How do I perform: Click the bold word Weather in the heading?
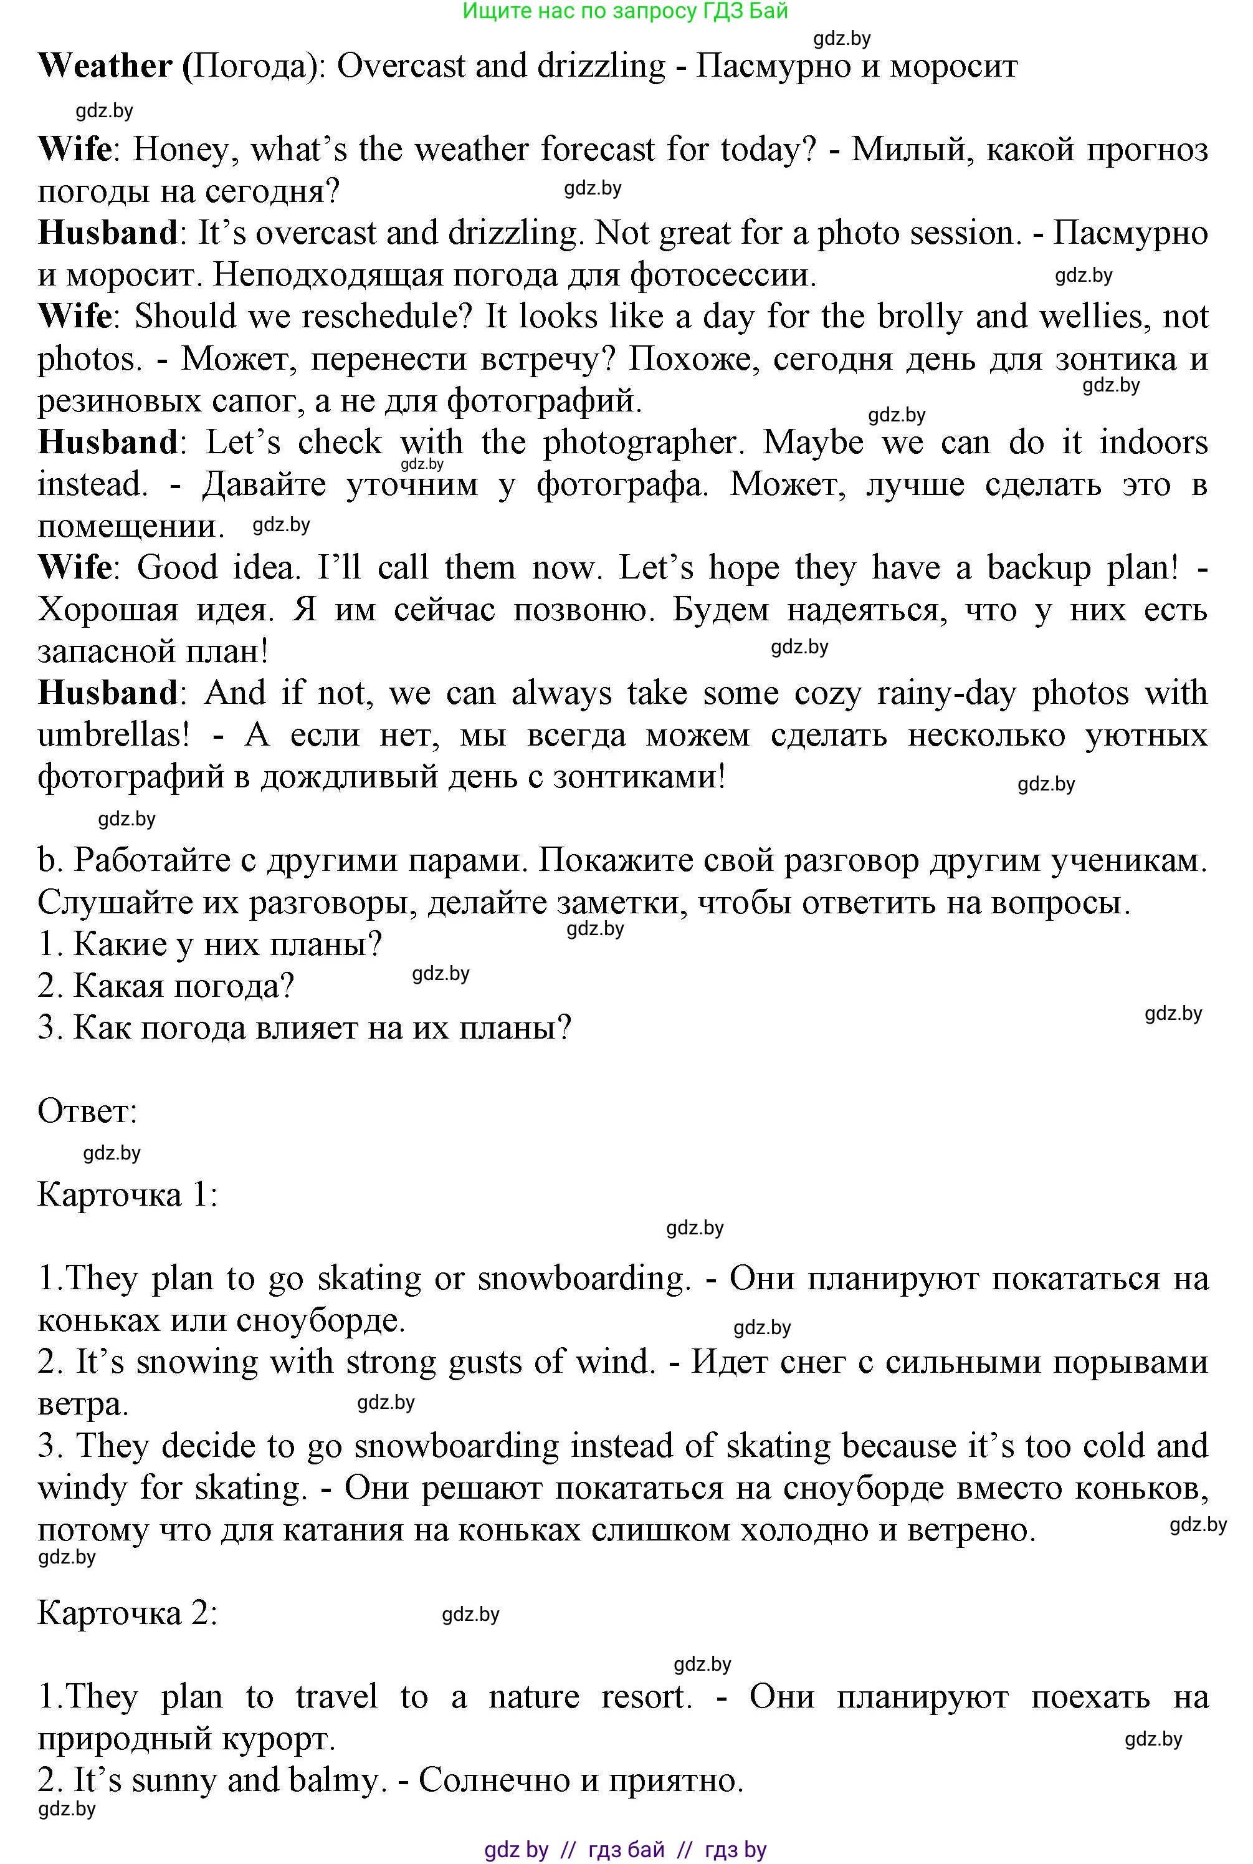105,66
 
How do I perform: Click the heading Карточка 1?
127,1195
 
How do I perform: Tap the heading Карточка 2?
127,1613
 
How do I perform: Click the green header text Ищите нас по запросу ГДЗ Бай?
625,11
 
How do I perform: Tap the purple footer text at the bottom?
625,1849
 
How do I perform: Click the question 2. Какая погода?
165,986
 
